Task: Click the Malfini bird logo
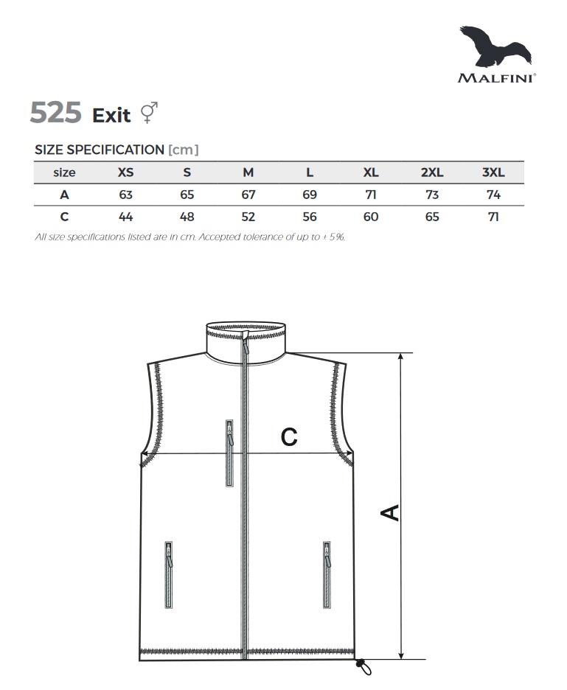click(495, 47)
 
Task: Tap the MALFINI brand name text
click(496, 78)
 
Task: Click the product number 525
click(56, 112)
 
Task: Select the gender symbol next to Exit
click(149, 112)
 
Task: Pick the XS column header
click(125, 172)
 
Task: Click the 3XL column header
click(493, 172)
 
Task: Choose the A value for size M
click(248, 195)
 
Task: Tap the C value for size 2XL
click(432, 217)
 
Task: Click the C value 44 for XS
click(125, 217)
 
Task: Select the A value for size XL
click(371, 195)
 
